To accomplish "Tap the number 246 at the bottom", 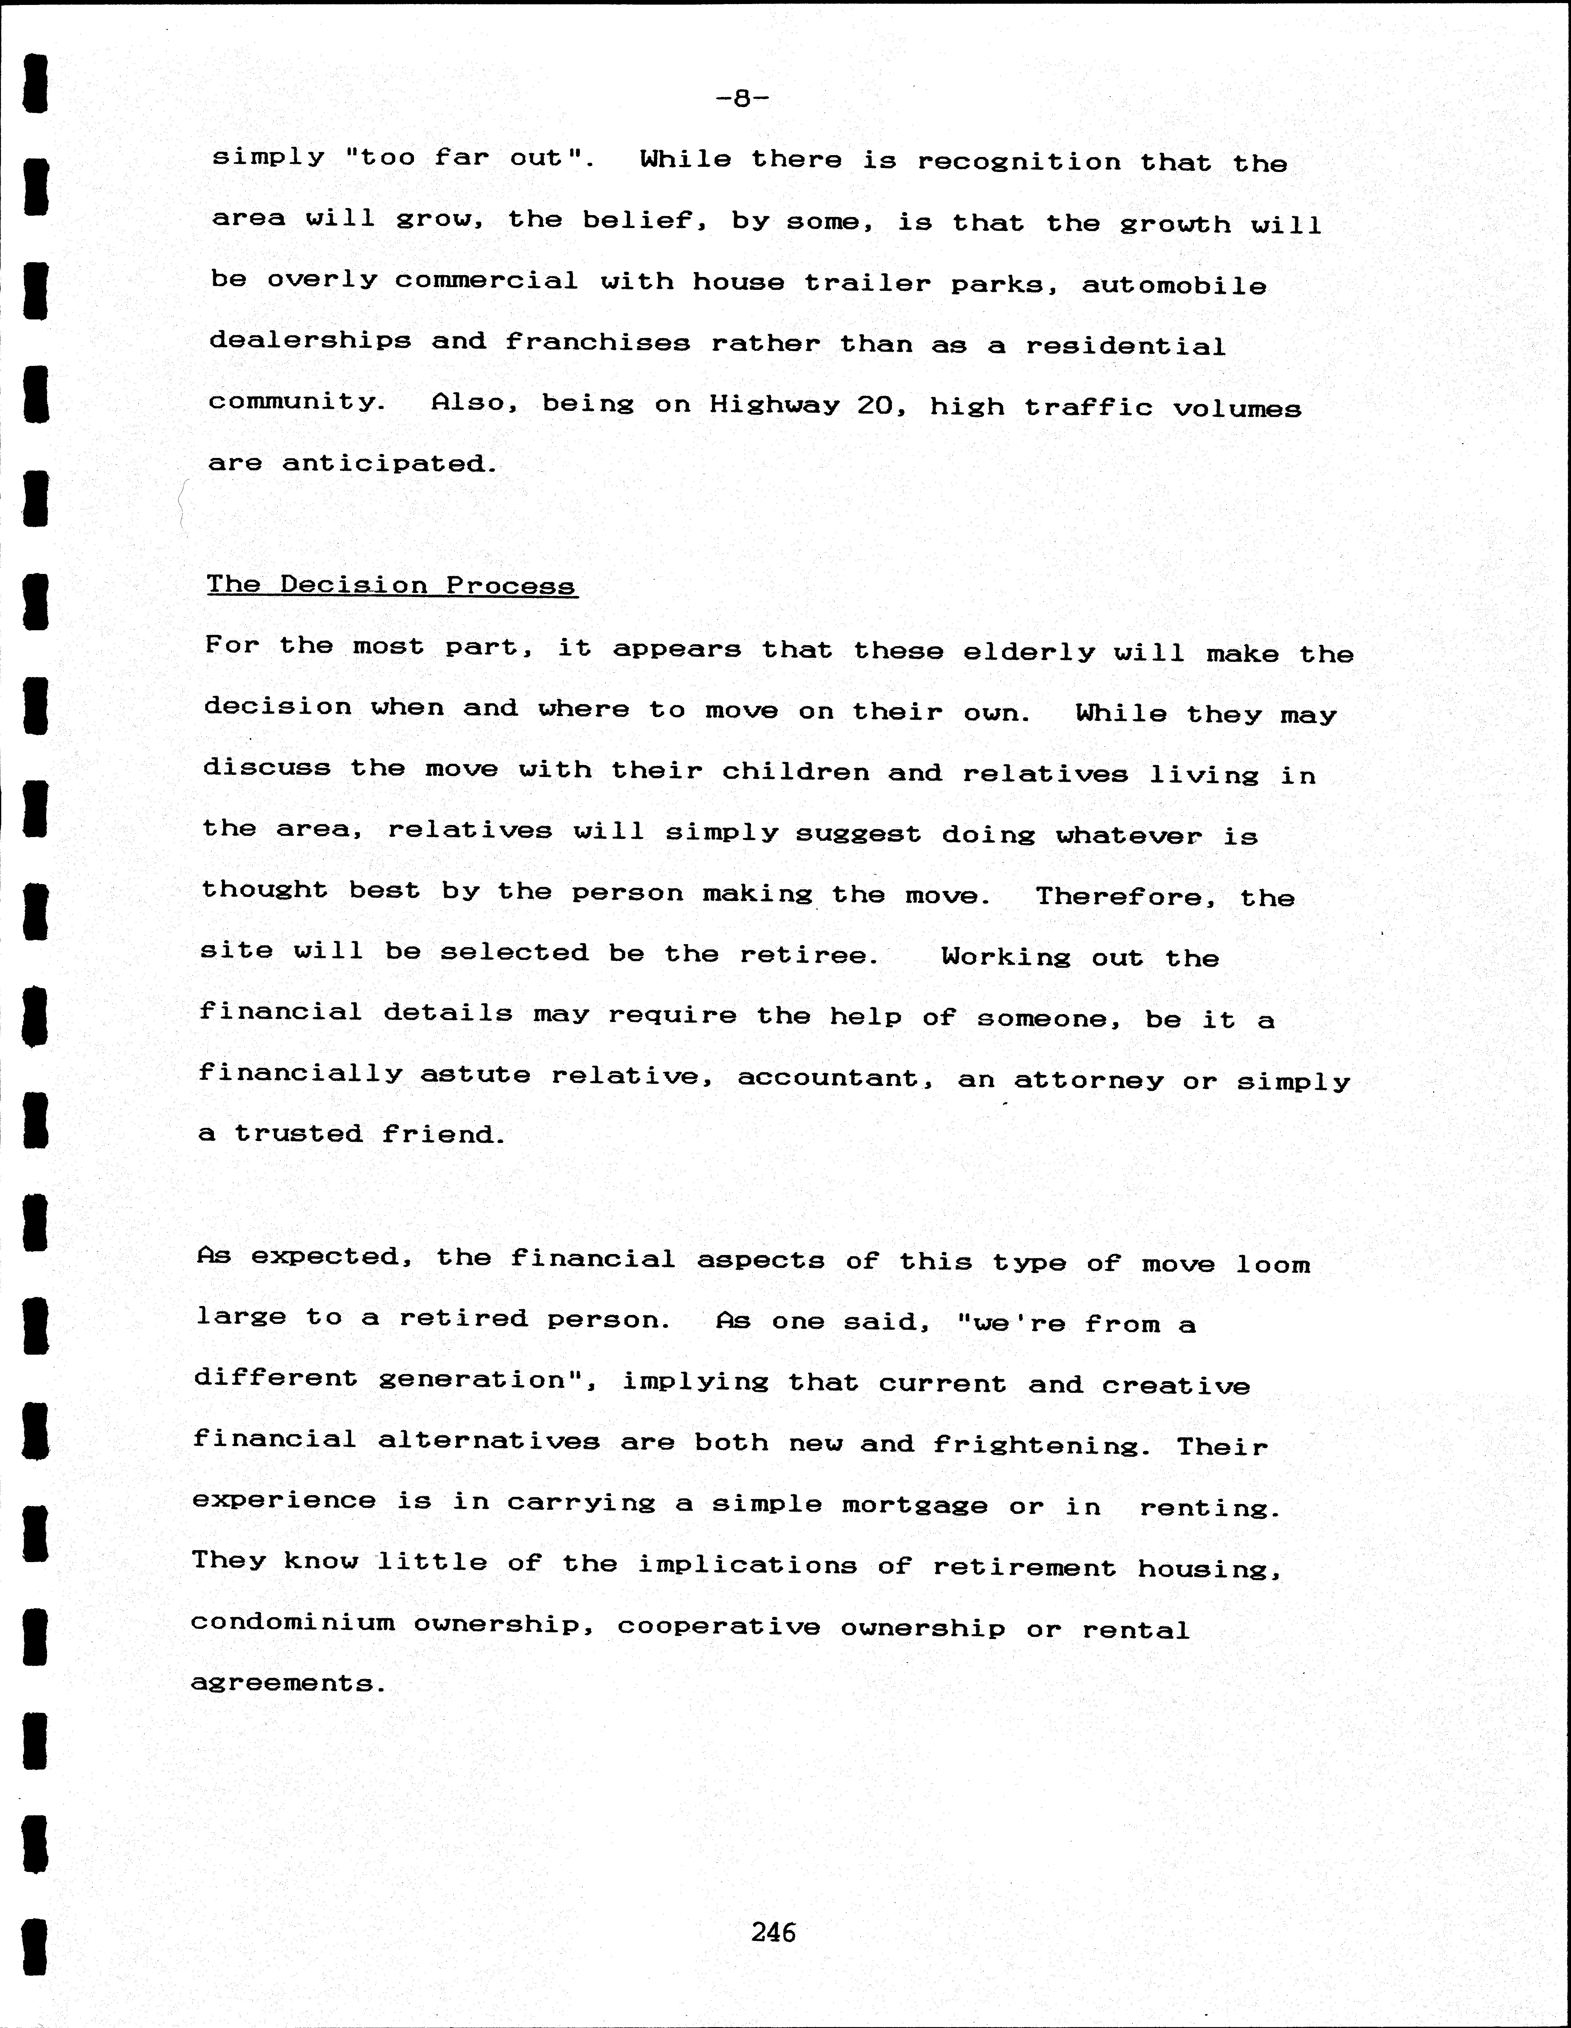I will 773,1932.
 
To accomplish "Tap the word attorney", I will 1088,1081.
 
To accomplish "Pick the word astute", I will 475,1075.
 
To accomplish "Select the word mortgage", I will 914,1506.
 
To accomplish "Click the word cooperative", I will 719,1626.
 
